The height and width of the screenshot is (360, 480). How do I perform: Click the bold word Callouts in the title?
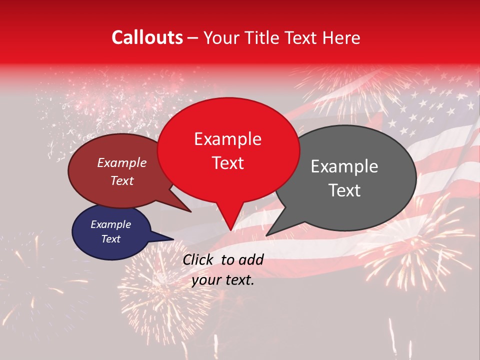(147, 37)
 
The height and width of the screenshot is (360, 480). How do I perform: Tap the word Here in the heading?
(341, 37)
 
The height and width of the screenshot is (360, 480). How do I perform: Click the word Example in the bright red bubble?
(227, 139)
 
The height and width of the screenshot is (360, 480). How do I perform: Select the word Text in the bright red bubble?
(227, 162)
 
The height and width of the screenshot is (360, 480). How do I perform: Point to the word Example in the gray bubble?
(344, 166)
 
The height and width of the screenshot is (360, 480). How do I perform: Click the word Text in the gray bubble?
(344, 190)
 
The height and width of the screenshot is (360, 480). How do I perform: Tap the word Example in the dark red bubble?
(121, 163)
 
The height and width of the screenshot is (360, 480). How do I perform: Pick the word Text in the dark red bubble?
(121, 180)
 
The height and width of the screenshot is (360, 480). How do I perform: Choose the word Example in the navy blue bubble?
(110, 224)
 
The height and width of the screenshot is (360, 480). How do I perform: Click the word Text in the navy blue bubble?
(110, 239)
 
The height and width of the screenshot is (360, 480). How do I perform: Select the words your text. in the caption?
(223, 280)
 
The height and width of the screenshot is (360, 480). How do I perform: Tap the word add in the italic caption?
(251, 259)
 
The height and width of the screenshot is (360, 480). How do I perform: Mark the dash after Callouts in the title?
(193, 38)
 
